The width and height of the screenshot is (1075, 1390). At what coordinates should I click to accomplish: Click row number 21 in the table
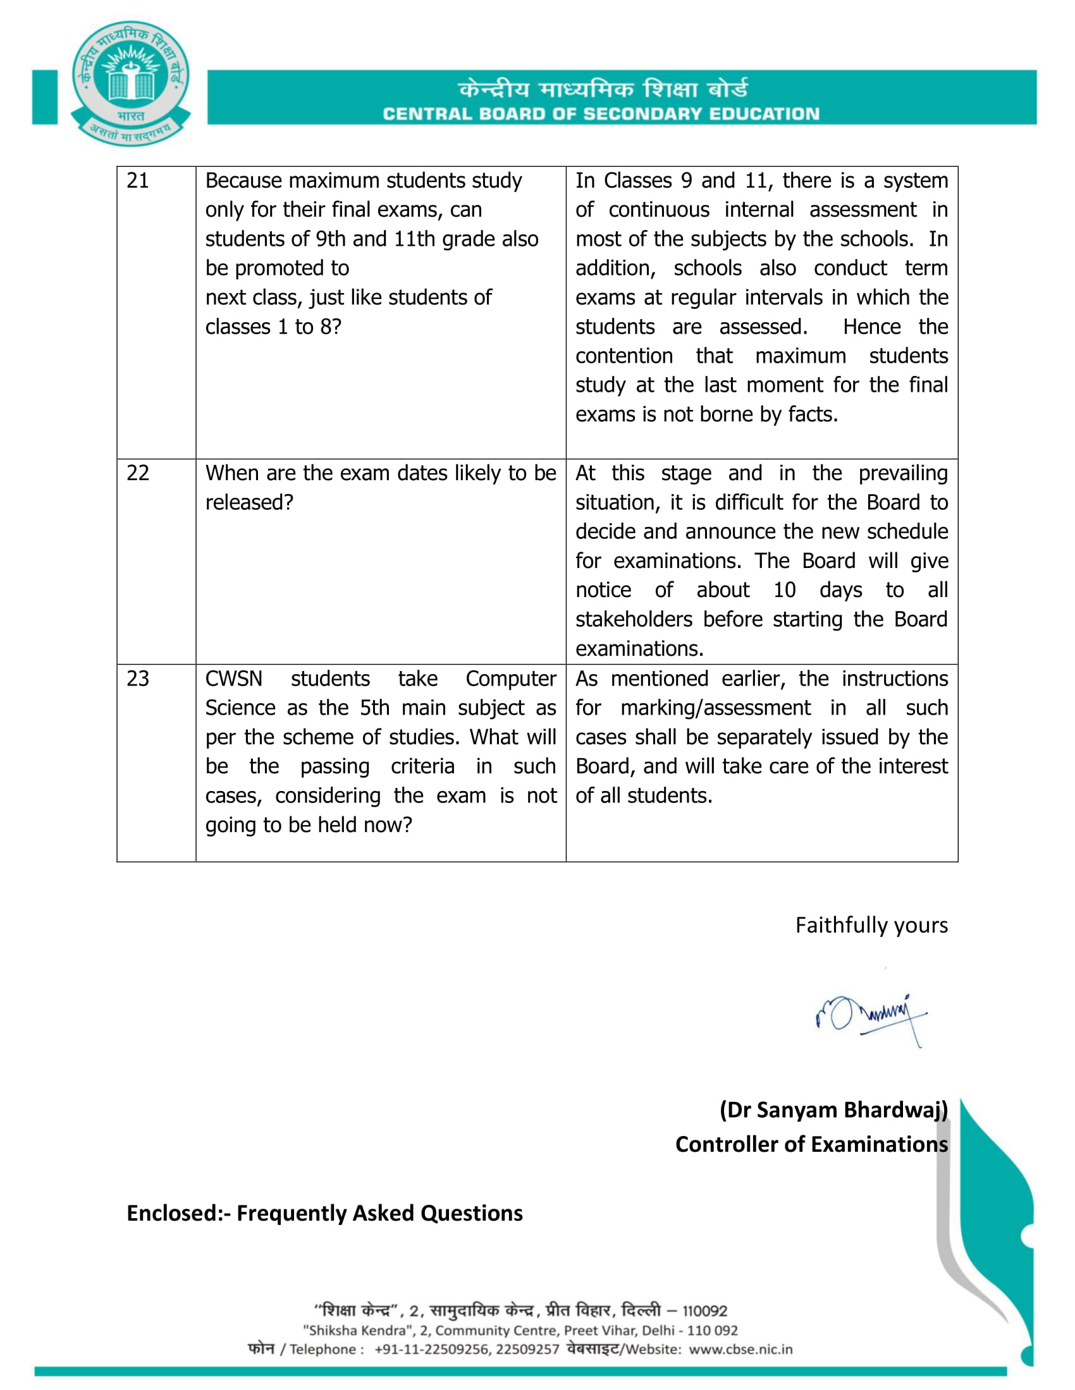pyautogui.click(x=138, y=181)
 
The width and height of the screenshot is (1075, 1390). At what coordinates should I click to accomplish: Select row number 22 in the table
pyautogui.click(x=138, y=473)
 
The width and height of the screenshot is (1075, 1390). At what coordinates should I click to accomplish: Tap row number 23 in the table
pyautogui.click(x=138, y=679)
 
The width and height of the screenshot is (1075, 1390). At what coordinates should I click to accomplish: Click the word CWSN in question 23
pyautogui.click(x=234, y=679)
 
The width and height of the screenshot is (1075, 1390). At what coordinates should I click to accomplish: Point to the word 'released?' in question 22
pyautogui.click(x=249, y=503)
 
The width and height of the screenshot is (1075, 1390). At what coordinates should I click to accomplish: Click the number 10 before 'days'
pyautogui.click(x=784, y=591)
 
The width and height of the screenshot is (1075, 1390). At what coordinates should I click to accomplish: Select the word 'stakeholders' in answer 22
pyautogui.click(x=633, y=620)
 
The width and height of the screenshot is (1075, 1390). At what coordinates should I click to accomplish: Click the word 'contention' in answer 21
pyautogui.click(x=623, y=356)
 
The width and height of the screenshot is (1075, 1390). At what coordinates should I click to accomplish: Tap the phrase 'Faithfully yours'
pyautogui.click(x=871, y=926)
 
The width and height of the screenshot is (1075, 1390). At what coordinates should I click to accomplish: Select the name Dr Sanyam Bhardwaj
pyautogui.click(x=833, y=1110)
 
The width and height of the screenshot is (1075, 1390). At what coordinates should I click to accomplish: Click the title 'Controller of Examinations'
pyautogui.click(x=811, y=1144)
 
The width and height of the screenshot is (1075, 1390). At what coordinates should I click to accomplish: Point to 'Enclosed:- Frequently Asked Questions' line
pyautogui.click(x=324, y=1213)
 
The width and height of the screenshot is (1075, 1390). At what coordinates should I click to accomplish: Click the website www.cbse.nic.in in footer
pyautogui.click(x=740, y=1350)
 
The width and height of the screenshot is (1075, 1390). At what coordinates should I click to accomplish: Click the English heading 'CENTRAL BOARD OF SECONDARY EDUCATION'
pyautogui.click(x=601, y=114)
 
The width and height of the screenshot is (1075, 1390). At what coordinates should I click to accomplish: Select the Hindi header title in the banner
pyautogui.click(x=603, y=89)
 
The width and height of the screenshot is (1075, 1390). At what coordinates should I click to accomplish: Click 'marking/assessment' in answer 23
pyautogui.click(x=715, y=708)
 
